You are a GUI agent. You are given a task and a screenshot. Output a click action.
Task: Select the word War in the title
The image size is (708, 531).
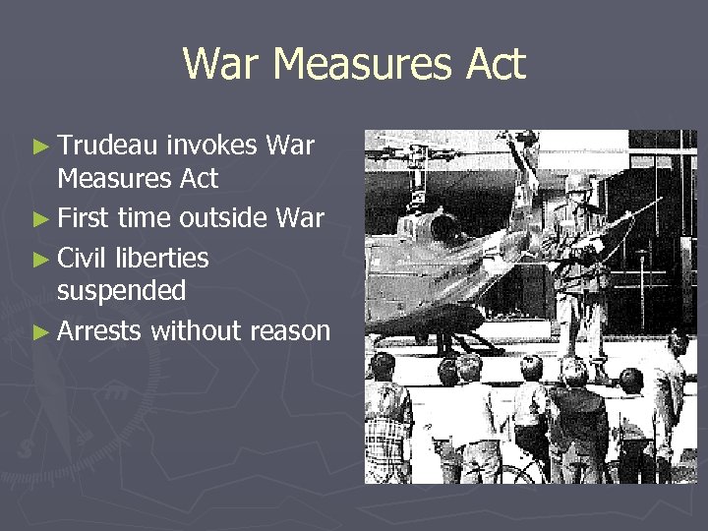coord(221,65)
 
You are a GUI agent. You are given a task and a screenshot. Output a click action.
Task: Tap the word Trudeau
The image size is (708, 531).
coord(107,147)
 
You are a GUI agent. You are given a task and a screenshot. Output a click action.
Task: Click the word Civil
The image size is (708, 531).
coord(84,258)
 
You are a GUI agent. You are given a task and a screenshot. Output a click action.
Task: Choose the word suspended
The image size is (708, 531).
coord(121,290)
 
